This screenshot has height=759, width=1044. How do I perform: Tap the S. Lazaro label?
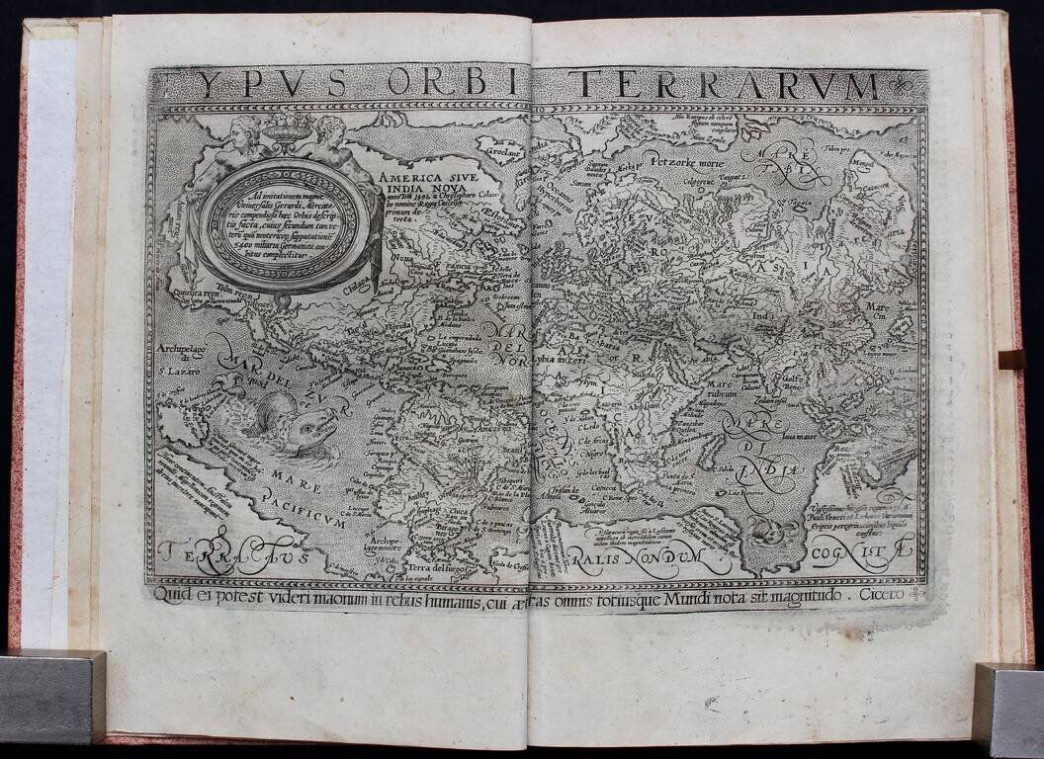178,372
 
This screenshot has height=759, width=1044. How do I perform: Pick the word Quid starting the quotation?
172,594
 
